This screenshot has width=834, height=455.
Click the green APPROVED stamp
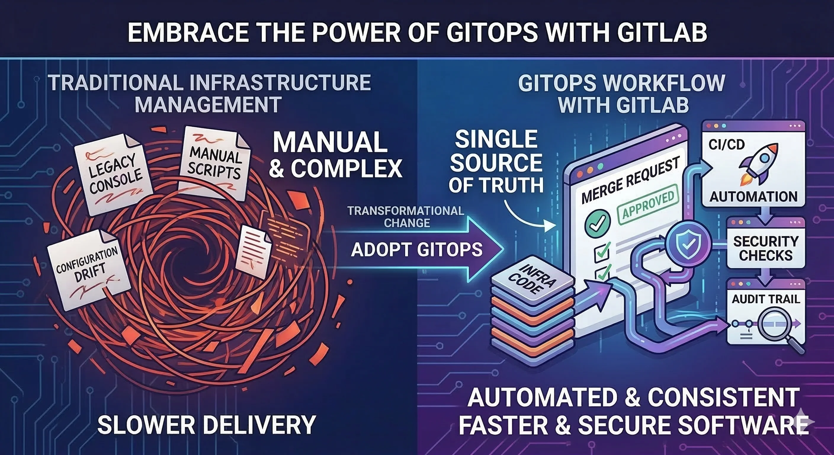pos(647,204)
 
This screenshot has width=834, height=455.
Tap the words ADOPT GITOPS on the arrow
pos(417,250)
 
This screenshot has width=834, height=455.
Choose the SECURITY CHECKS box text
pos(766,249)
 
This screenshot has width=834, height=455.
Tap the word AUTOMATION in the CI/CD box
pos(753,197)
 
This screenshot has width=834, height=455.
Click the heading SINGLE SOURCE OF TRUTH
pos(496,162)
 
